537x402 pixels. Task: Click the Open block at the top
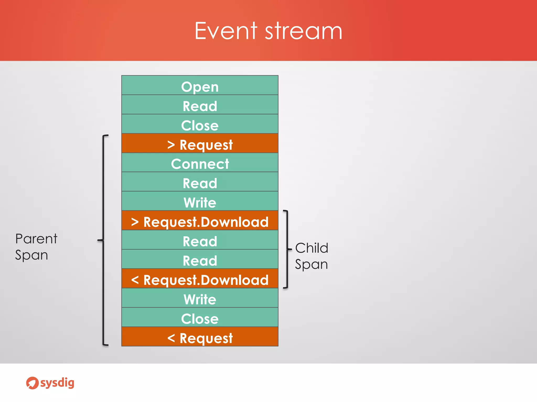point(200,85)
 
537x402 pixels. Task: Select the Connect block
point(200,163)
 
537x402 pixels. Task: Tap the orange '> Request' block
point(200,143)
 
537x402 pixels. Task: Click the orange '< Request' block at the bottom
point(200,337)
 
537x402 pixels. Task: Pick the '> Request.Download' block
point(200,221)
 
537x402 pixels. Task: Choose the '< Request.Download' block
point(200,279)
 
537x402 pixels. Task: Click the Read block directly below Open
point(200,105)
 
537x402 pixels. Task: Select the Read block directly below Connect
point(200,182)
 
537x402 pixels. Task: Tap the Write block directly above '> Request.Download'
point(200,201)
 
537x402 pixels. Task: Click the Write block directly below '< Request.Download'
point(200,298)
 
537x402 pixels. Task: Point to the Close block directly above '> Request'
point(200,124)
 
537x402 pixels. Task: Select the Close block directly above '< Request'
point(200,317)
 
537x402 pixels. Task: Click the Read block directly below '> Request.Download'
point(200,240)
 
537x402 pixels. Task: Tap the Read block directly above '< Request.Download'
point(200,259)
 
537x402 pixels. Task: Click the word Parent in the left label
point(36,239)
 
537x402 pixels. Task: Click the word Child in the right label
point(312,248)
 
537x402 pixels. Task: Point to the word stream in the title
point(303,31)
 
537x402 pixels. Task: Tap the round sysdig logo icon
point(32,383)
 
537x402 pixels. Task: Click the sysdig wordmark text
point(57,383)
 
